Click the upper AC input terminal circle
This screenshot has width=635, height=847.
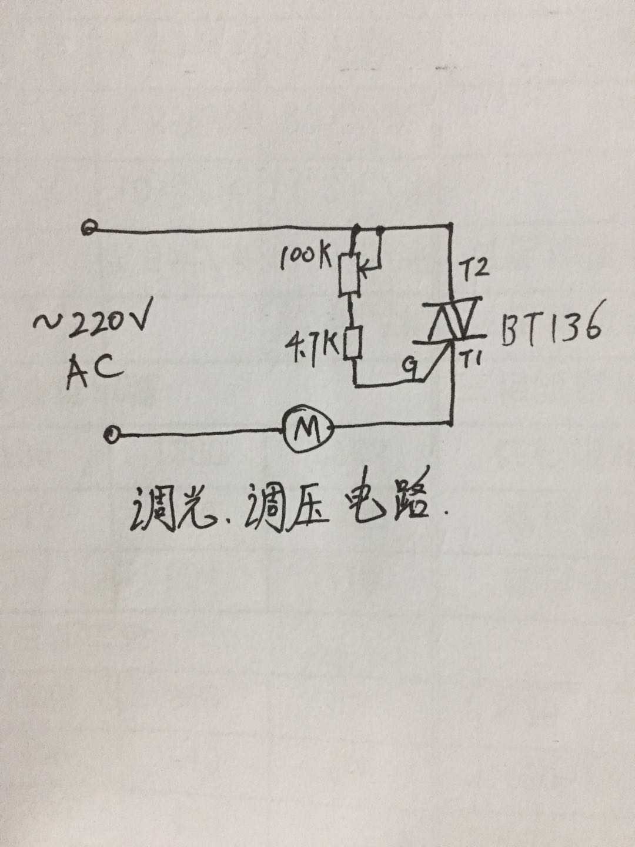[89, 228]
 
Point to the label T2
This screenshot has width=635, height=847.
[475, 268]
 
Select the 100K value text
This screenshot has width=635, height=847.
[306, 257]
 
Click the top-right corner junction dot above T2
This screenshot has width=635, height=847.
[451, 226]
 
